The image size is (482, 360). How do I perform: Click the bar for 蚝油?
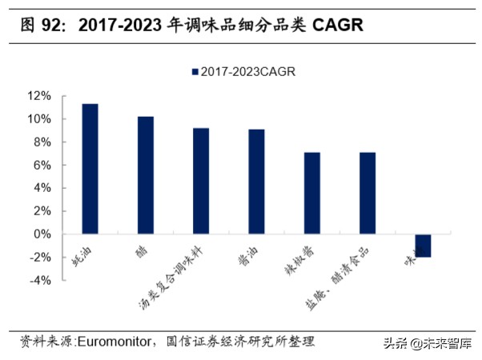(x=90, y=169)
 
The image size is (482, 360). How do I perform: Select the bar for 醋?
(x=146, y=175)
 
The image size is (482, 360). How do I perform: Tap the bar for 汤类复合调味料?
(x=201, y=181)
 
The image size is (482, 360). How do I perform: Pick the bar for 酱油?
(x=256, y=182)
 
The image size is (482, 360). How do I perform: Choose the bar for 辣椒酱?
(x=311, y=193)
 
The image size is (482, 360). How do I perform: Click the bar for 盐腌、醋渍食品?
(x=367, y=193)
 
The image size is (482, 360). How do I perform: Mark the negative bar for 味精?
(x=422, y=246)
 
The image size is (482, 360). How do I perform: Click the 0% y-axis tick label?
(x=42, y=234)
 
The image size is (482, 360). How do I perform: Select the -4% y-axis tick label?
(x=40, y=281)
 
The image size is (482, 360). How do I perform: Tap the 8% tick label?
(x=42, y=142)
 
